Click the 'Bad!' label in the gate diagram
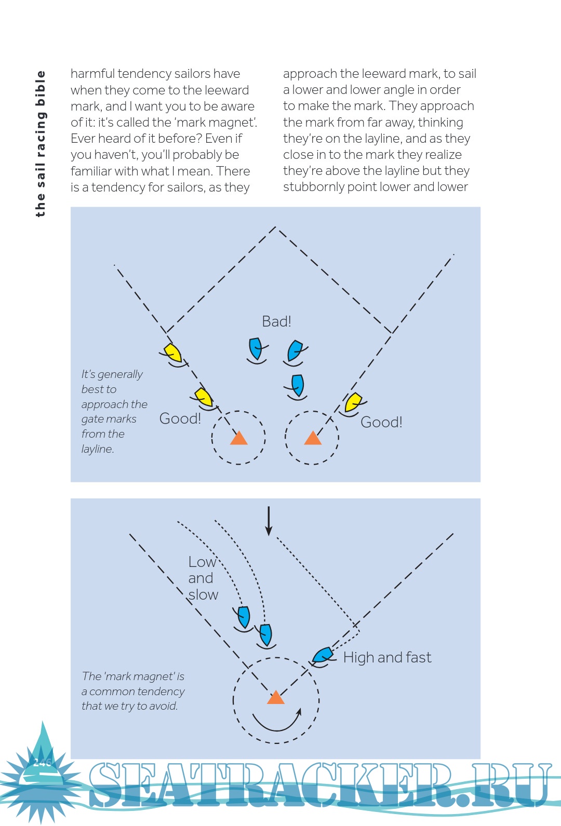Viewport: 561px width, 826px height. [276, 321]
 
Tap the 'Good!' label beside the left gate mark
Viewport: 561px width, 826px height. [180, 418]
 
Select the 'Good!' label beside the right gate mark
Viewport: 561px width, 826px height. [381, 422]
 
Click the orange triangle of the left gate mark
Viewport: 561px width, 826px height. [239, 439]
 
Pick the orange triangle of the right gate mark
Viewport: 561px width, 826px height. [313, 439]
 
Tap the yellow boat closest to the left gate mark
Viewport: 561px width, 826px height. [204, 397]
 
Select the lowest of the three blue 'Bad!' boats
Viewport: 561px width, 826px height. [298, 386]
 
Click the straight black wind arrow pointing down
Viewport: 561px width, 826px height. [269, 521]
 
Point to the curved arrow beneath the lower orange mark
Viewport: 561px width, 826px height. [277, 721]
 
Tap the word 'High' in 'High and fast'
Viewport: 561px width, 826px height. [358, 658]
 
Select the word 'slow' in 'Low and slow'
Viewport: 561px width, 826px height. [203, 595]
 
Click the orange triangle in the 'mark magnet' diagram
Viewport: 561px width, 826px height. [276, 698]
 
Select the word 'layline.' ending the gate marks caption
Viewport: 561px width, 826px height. [98, 449]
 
